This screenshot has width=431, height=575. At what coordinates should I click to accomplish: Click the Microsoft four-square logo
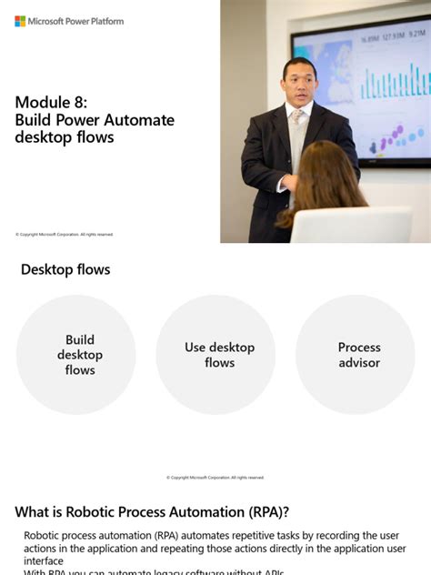pos(20,21)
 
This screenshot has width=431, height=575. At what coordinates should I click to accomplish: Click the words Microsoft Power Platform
pos(76,21)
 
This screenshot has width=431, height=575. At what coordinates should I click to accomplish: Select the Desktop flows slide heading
pos(65,269)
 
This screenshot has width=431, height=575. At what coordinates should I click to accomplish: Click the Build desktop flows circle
pos(79,355)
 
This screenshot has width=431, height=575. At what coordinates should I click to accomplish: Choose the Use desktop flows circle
pos(219,355)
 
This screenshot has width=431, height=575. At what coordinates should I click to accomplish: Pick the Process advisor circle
pos(359,355)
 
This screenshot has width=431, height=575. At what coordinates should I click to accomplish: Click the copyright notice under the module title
pos(64,235)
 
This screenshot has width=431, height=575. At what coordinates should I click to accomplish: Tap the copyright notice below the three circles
pos(215,478)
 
